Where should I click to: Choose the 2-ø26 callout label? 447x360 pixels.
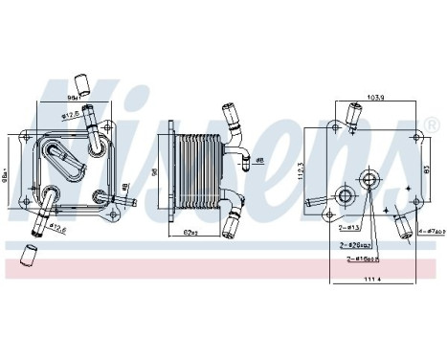[358, 245]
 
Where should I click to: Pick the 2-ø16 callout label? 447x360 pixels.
[361, 258]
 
